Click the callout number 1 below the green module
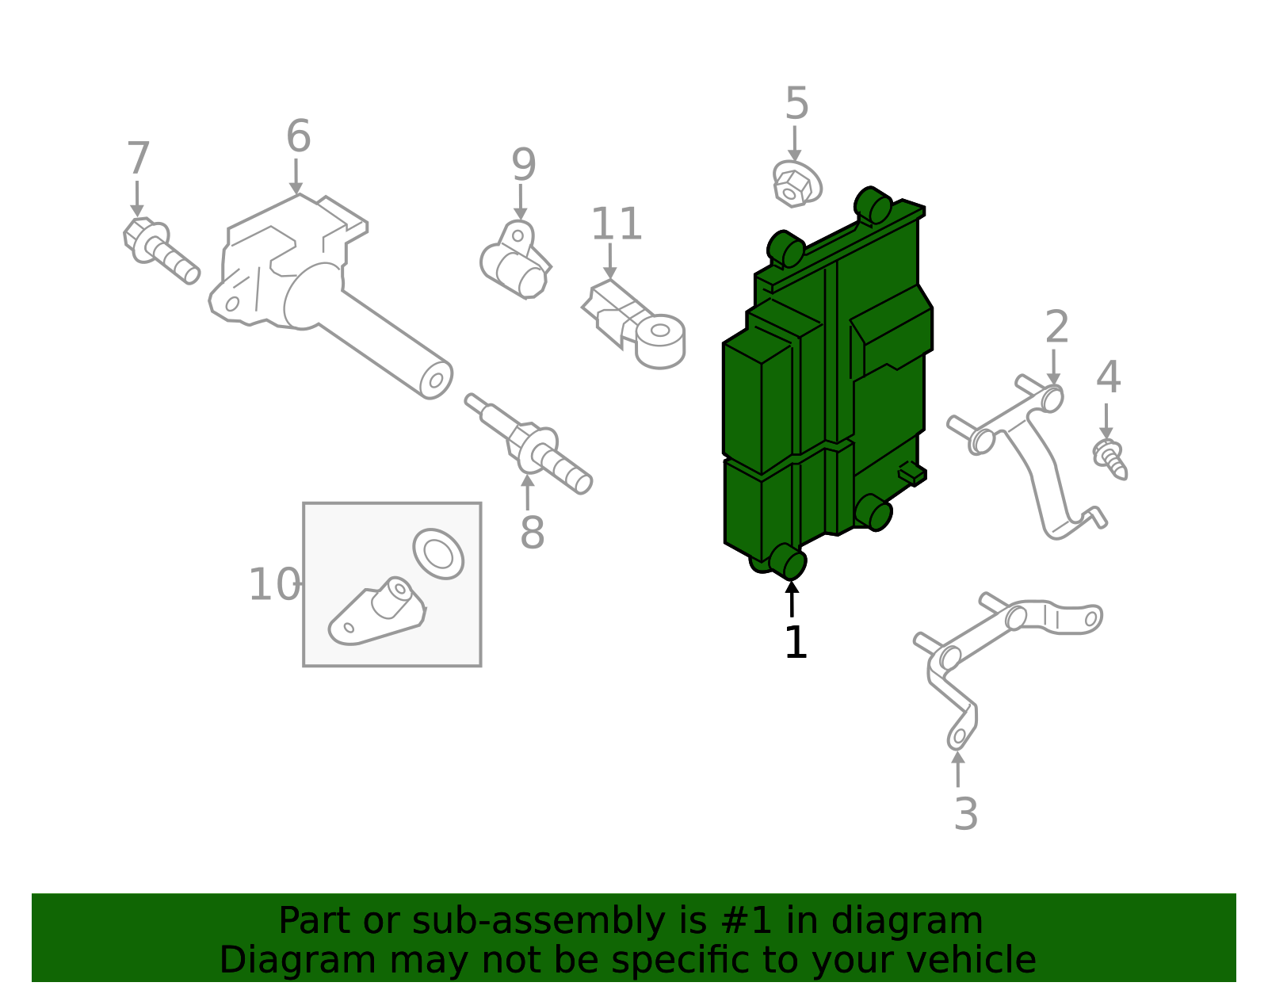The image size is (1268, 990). [795, 643]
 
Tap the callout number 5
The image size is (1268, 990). [796, 105]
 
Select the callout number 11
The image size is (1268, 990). [617, 225]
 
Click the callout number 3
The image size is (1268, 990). [965, 815]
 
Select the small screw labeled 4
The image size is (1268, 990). [1110, 459]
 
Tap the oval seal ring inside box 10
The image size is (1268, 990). [438, 553]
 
